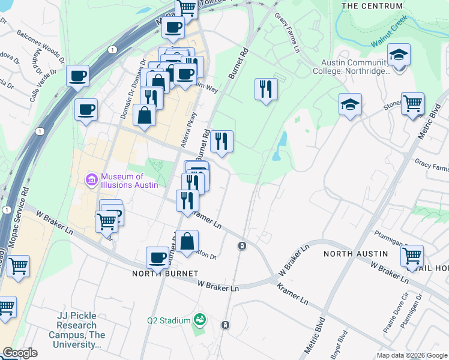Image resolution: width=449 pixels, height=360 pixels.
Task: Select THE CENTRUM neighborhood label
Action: click(x=372, y=6)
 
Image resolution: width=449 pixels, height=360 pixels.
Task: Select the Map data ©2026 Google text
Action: click(x=411, y=355)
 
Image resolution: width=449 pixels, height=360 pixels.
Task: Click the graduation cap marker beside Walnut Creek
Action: click(x=399, y=56)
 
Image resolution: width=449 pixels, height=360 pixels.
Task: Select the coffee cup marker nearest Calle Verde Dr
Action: click(x=77, y=77)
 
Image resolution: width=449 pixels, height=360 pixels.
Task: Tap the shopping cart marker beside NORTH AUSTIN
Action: click(x=412, y=256)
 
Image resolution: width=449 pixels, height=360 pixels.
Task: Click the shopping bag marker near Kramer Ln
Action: click(x=187, y=241)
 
